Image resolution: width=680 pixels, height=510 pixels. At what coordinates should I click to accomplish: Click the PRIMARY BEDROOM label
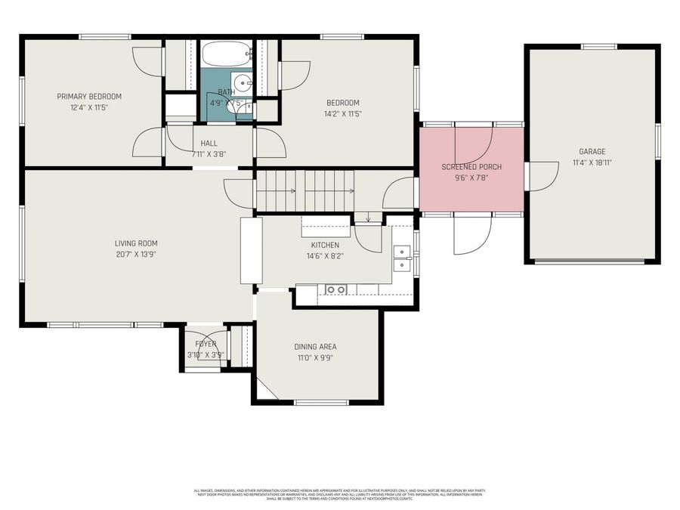tap(89, 96)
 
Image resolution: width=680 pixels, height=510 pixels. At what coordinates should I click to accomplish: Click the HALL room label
tap(209, 143)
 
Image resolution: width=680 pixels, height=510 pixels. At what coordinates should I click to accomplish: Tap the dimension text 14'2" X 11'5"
tap(342, 114)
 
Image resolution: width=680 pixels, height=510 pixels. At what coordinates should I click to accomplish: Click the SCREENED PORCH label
tap(471, 166)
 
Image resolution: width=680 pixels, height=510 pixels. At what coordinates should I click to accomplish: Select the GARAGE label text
tap(592, 151)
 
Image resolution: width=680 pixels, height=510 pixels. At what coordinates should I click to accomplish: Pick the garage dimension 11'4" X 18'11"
tap(592, 162)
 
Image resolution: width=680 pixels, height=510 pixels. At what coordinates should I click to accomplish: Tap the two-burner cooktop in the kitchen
tap(335, 289)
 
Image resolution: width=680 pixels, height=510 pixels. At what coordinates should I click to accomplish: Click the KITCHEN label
tap(325, 245)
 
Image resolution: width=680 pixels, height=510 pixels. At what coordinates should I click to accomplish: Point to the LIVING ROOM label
tap(136, 243)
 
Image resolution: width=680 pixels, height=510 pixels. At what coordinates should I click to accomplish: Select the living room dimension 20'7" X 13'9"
tap(136, 254)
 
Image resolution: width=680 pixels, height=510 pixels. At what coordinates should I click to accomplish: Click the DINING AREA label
tap(315, 347)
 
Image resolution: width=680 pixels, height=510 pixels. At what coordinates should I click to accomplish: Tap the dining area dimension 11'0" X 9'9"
tap(315, 357)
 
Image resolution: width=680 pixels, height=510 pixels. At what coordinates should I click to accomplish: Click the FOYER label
tap(206, 344)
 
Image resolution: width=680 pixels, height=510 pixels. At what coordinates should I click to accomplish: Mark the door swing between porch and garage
tap(542, 176)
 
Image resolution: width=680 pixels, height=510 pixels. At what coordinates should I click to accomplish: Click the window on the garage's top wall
tap(599, 47)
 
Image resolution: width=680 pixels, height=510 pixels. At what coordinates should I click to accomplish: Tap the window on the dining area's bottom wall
tap(320, 402)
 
